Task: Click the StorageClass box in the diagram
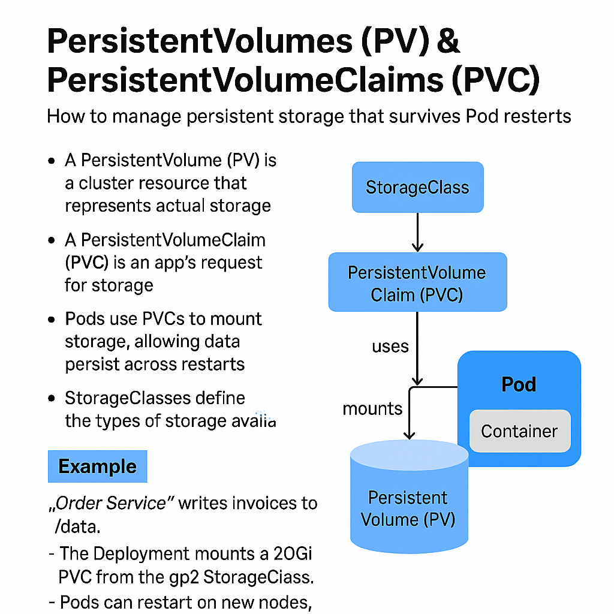(x=417, y=187)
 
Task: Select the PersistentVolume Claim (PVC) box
(x=417, y=283)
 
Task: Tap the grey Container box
(x=519, y=431)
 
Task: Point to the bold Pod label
(x=519, y=384)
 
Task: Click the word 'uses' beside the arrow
(x=390, y=347)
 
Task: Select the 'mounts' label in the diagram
(x=372, y=409)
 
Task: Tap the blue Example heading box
(x=97, y=466)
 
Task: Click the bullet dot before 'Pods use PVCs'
(x=52, y=320)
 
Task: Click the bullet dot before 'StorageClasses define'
(x=52, y=399)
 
